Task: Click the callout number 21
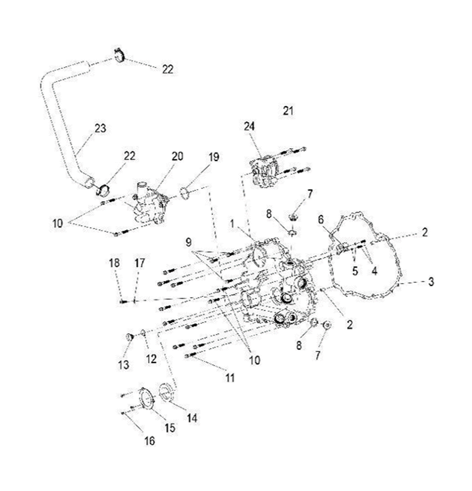[x=288, y=110]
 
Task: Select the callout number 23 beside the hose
[x=100, y=128]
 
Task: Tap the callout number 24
[x=249, y=126]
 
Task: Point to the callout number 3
[x=431, y=282]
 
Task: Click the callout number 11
[x=230, y=378]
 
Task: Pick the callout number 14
[x=192, y=418]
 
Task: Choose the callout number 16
[x=150, y=441]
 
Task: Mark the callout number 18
[x=115, y=263]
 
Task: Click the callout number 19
[x=213, y=157]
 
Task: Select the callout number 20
[x=177, y=156]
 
